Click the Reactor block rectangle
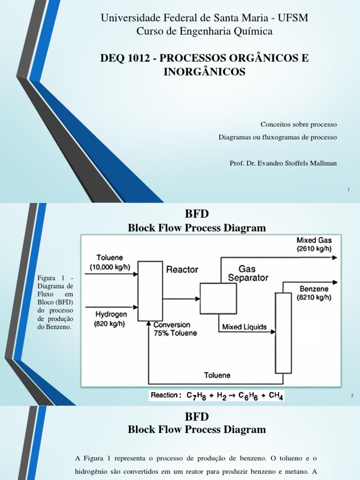click(x=147, y=291)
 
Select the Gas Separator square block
click(x=218, y=299)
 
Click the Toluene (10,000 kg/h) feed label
click(x=110, y=262)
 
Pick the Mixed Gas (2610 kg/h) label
click(x=314, y=245)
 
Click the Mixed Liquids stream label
click(x=244, y=327)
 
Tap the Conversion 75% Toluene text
click(x=172, y=329)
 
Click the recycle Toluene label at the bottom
click(x=217, y=375)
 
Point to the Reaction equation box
click(x=217, y=396)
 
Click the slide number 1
click(x=349, y=189)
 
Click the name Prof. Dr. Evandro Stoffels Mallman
click(x=283, y=163)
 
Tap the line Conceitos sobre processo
click(x=299, y=124)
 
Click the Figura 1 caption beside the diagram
click(x=55, y=302)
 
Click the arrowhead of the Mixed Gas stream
click(x=334, y=257)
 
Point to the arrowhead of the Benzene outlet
click(x=334, y=282)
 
